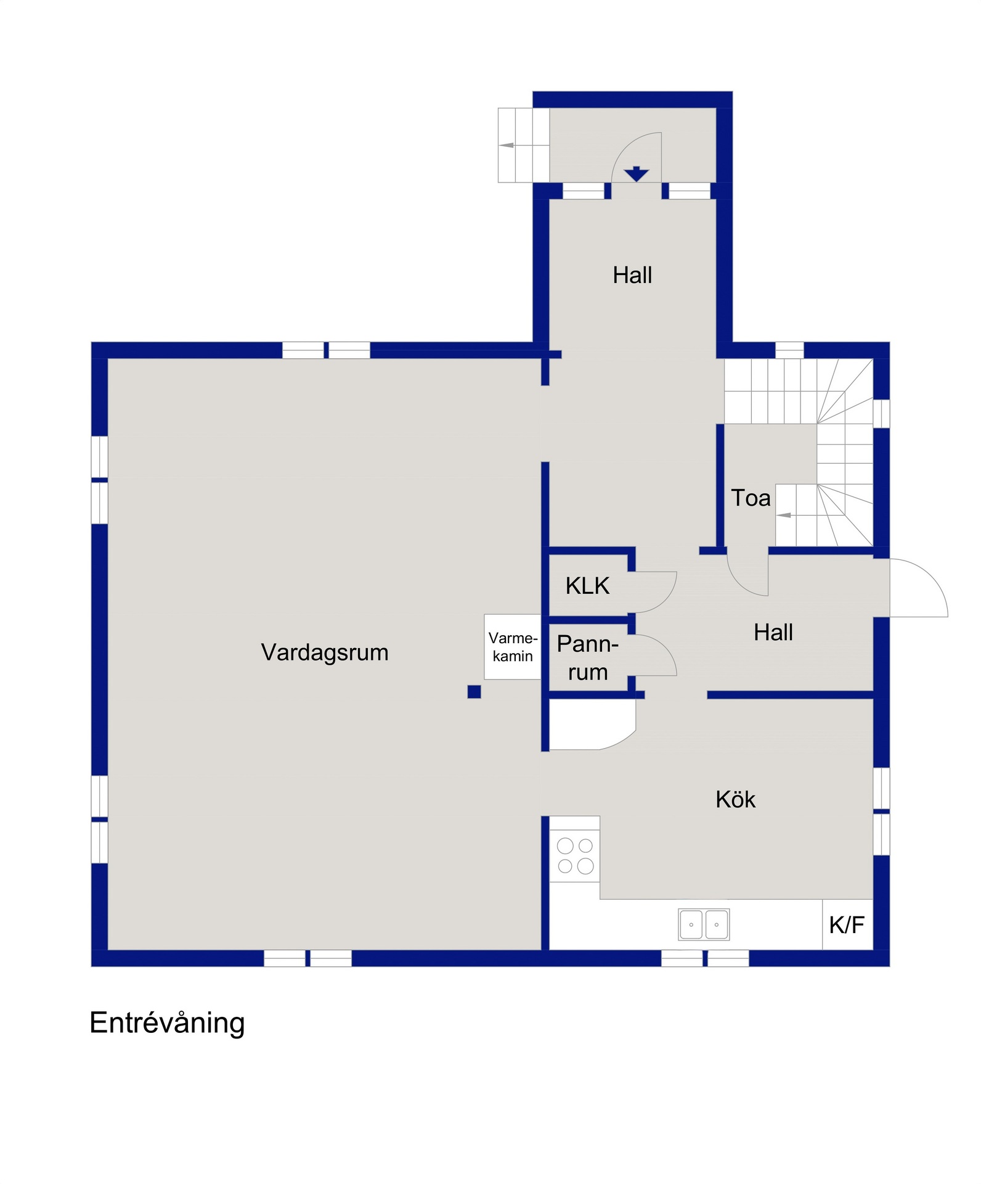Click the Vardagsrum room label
tap(325, 653)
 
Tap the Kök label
tap(735, 799)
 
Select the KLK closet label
tap(587, 586)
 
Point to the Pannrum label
tap(587, 658)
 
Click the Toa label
tap(751, 498)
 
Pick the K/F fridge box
tap(847, 924)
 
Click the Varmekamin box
tap(513, 647)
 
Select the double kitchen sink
tap(704, 924)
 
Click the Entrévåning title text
tap(167, 1023)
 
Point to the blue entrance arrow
tap(637, 174)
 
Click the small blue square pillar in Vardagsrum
tap(474, 691)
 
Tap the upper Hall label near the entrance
tap(632, 275)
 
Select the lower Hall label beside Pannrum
tap(773, 632)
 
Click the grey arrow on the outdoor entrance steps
tap(507, 146)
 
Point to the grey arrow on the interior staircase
tap(784, 515)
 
